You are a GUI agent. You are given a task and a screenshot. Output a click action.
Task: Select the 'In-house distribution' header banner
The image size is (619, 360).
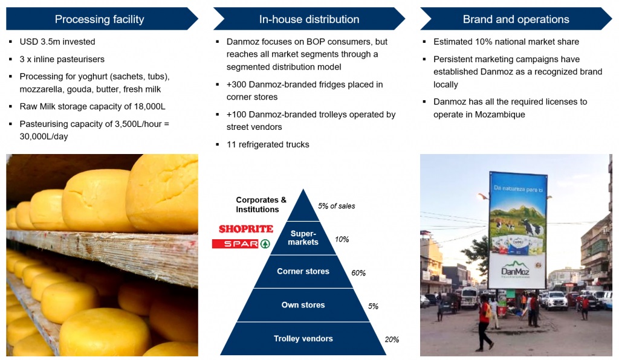[x=309, y=19]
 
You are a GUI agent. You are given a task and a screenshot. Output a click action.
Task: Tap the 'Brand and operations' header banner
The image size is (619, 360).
[x=516, y=19]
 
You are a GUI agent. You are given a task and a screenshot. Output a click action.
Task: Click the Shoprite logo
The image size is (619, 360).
[x=246, y=229]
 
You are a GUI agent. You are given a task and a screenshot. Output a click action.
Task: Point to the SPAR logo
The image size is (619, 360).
[x=241, y=243]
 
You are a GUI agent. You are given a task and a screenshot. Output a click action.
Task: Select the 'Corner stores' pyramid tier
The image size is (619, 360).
[x=303, y=271]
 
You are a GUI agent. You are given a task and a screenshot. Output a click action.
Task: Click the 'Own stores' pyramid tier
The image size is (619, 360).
[x=303, y=305]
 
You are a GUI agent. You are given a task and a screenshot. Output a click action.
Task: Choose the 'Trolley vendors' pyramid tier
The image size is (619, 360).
[x=303, y=338]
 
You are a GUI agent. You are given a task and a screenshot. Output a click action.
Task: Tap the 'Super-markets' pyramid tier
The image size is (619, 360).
[x=303, y=238]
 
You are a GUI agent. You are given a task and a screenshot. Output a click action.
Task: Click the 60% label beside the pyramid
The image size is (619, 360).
[x=358, y=273]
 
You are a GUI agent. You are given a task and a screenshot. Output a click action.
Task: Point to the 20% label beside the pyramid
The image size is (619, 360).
[x=392, y=339]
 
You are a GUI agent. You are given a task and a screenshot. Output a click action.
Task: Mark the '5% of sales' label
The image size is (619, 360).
[x=336, y=206]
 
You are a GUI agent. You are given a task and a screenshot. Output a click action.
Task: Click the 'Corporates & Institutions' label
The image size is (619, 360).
[x=261, y=205]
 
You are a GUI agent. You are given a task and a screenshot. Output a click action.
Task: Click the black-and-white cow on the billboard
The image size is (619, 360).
[x=530, y=228]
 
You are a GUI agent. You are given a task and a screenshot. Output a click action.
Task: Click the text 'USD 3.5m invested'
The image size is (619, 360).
[x=57, y=42]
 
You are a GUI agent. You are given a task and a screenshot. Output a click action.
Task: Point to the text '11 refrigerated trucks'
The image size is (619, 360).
[x=268, y=145]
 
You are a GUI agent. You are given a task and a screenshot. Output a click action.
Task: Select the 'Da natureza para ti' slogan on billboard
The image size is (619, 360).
[x=518, y=189]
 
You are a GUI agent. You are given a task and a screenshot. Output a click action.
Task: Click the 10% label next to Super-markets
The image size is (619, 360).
[x=342, y=239]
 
